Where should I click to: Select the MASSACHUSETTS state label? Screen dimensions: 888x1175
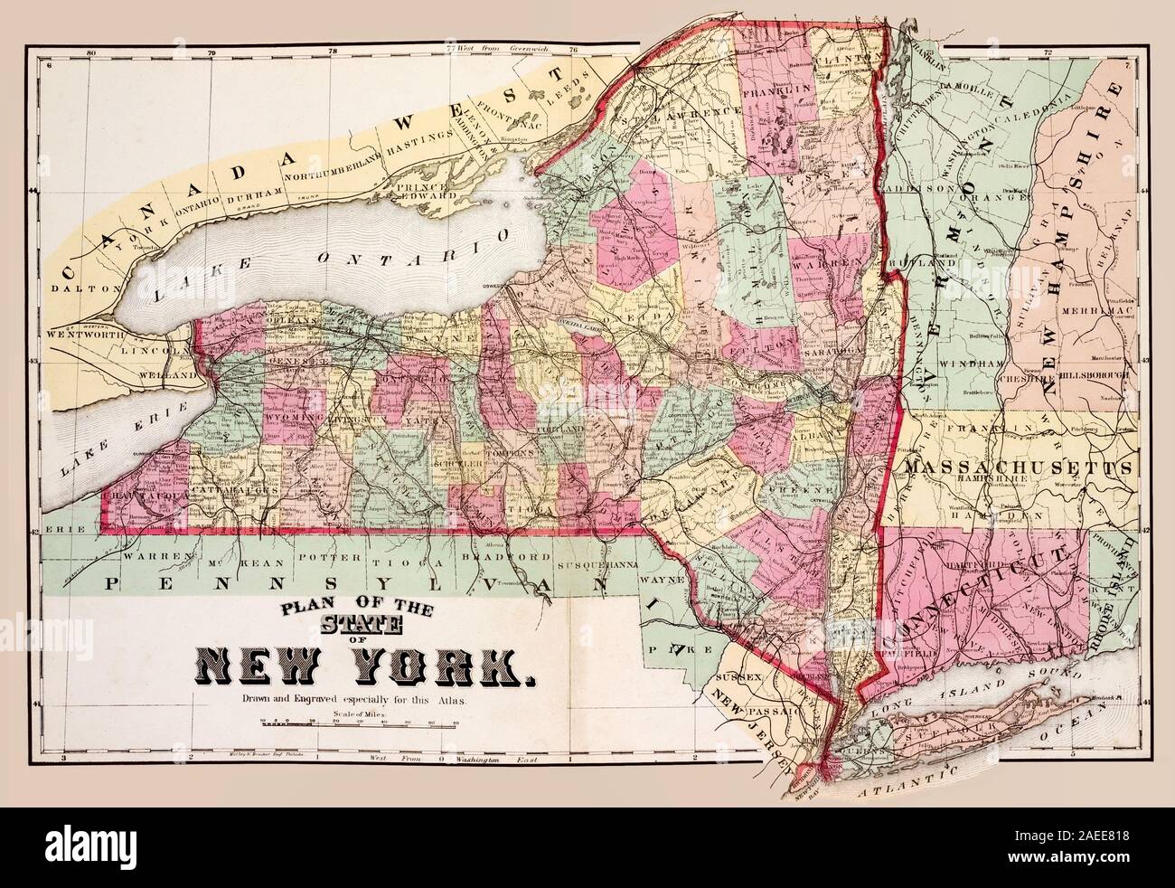(1017, 468)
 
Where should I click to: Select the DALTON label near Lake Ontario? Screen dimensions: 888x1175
(80, 289)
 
